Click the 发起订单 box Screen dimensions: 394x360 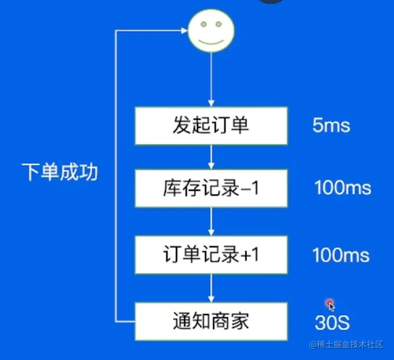[210, 126]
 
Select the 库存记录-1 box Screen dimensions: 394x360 [210, 188]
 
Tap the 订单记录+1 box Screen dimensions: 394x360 [210, 255]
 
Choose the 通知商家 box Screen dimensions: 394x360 [210, 321]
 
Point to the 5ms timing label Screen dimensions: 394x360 [331, 126]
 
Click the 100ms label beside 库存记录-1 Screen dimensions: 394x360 [343, 188]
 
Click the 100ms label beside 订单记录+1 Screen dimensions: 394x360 [341, 255]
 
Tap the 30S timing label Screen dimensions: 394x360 [332, 323]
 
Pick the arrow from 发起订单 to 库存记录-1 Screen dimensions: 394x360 [211, 157]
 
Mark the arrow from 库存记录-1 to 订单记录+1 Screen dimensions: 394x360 [211, 222]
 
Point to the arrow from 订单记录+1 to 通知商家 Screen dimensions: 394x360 [211, 288]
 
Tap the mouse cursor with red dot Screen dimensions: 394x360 [330, 305]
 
